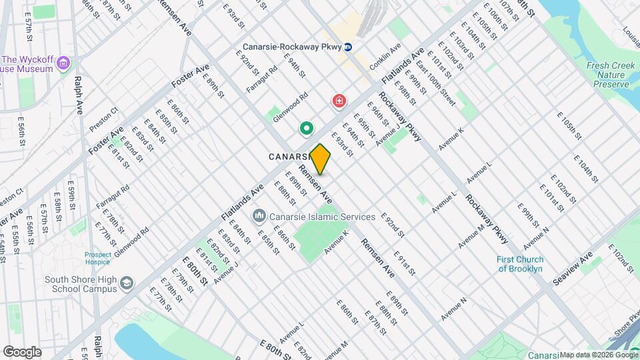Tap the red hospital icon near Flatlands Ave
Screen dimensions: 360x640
click(339, 101)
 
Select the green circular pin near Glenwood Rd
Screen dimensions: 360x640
click(307, 127)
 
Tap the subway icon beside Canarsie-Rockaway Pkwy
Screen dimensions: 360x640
click(357, 47)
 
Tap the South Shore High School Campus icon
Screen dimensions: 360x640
click(126, 285)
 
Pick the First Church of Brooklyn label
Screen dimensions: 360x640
click(521, 264)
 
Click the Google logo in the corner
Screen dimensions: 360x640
click(22, 351)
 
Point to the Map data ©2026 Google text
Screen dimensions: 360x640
click(599, 355)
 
